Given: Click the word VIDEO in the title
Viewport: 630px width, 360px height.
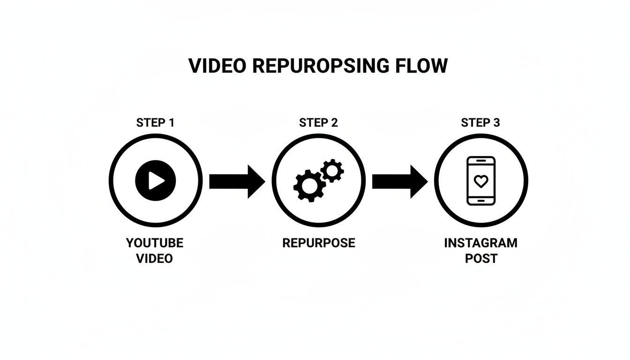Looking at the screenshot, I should pos(217,66).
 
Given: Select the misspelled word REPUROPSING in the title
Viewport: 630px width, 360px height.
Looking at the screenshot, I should pos(321,66).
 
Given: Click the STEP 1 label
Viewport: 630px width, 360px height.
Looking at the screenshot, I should pos(155,123).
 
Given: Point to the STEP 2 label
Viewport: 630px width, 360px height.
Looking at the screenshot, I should pos(318,123).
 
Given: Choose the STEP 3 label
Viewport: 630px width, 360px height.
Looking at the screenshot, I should pos(480,123).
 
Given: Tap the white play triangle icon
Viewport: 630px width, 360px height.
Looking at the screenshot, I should pos(156,180).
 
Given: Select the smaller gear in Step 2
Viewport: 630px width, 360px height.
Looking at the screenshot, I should pos(332,171).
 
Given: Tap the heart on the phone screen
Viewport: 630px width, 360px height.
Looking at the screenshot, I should pos(481,181).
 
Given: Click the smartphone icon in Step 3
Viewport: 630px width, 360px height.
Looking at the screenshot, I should pos(481,180).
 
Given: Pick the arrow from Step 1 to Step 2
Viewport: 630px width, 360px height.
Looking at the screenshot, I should pos(237,181).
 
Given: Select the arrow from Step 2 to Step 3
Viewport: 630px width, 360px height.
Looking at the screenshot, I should pos(399,181).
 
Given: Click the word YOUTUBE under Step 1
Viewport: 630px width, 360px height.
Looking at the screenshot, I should pos(155,243).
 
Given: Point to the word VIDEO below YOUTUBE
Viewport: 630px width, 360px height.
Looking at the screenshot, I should pos(155,258).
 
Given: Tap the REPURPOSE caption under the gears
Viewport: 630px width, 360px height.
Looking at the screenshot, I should pos(319,243).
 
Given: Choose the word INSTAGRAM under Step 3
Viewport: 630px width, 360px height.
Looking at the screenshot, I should pos(481,243).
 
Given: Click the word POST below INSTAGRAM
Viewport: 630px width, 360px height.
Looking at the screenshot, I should pos(481,258).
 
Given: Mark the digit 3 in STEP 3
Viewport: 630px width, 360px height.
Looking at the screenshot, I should pos(496,123).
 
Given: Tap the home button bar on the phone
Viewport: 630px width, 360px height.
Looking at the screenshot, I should pos(481,200).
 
